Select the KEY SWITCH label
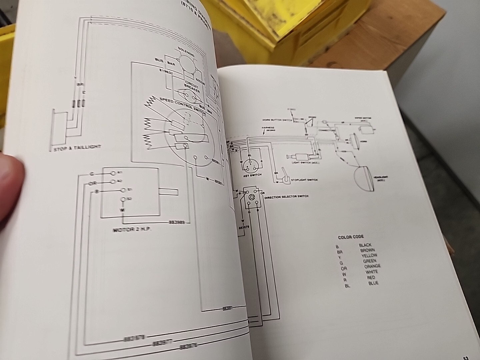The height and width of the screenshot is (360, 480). coord(253,175)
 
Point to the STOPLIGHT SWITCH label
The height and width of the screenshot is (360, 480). coord(303,180)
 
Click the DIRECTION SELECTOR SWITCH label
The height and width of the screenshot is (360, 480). coord(286,197)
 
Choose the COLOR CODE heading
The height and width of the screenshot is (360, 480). coord(351,237)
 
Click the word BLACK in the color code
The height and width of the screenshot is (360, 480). coord(365,245)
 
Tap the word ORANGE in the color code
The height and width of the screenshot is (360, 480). coord(372,266)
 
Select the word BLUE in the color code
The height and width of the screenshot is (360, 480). coord(373,283)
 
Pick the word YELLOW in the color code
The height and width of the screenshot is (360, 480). coord(369,256)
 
